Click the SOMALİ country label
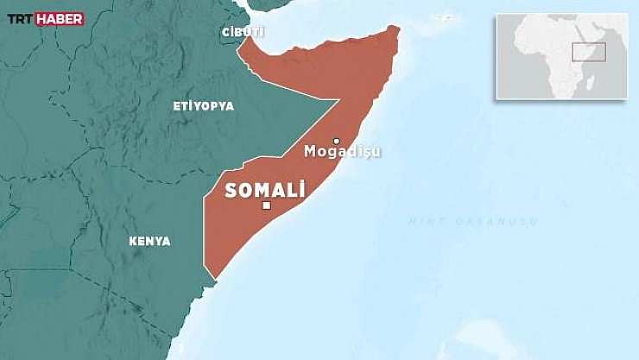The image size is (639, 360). (x=265, y=190)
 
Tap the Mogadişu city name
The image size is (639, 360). (x=342, y=152)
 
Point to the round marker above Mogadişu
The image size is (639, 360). (x=337, y=141)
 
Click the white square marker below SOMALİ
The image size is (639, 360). (x=267, y=205)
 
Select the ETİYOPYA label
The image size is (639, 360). (x=204, y=105)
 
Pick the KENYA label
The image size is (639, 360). (x=149, y=242)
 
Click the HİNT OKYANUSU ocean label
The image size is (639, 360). (x=473, y=222)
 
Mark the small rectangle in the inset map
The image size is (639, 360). (x=589, y=52)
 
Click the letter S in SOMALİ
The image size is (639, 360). (x=231, y=191)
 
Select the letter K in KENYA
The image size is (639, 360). (x=132, y=242)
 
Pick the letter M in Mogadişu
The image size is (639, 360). (x=310, y=152)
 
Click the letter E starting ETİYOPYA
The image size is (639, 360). (x=177, y=105)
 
